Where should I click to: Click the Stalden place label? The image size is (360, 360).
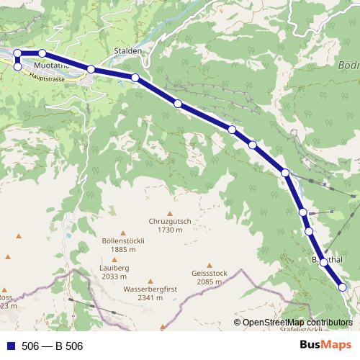(128, 52)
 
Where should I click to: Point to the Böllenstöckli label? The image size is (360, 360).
(124, 240)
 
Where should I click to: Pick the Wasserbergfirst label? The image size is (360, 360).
(150, 288)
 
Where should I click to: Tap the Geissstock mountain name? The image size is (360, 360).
(210, 273)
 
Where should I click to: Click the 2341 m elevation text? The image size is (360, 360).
(150, 297)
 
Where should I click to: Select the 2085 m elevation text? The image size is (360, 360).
(210, 282)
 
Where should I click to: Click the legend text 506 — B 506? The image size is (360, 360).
(53, 346)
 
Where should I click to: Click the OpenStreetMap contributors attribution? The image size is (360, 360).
(297, 323)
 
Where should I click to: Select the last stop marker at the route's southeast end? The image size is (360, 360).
(342, 287)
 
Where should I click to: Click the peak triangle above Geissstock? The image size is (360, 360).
(210, 264)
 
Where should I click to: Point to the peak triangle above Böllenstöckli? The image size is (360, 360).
(123, 233)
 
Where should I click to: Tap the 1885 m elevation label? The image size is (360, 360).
(124, 250)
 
